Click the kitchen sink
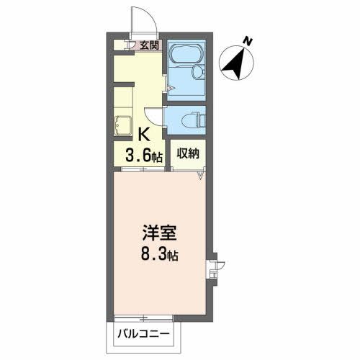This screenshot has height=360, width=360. (x=123, y=125)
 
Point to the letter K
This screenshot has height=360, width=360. (x=144, y=133)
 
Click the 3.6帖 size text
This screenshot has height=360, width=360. (x=145, y=153)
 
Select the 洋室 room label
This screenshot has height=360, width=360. (x=158, y=235)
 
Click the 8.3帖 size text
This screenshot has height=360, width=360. (x=159, y=255)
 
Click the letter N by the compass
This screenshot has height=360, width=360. (x=246, y=42)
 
